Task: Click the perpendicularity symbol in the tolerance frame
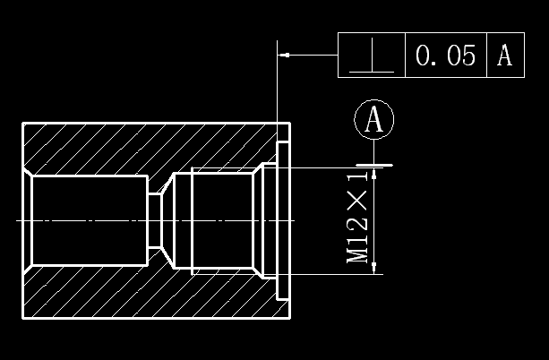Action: [x=372, y=56]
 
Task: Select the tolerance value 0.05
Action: [x=445, y=56]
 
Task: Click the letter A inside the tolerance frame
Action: [x=504, y=56]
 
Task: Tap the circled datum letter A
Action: [x=374, y=119]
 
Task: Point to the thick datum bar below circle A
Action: [x=374, y=165]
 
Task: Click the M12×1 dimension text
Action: [x=358, y=225]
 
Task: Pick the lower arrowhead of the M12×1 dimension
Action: [x=374, y=267]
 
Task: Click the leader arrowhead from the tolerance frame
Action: [x=285, y=56]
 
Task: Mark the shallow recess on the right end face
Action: [x=284, y=219]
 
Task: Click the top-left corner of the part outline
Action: [x=22, y=123]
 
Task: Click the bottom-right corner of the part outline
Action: [x=289, y=318]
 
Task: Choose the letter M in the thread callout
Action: [x=358, y=254]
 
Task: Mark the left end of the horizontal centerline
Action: [x=18, y=220]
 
